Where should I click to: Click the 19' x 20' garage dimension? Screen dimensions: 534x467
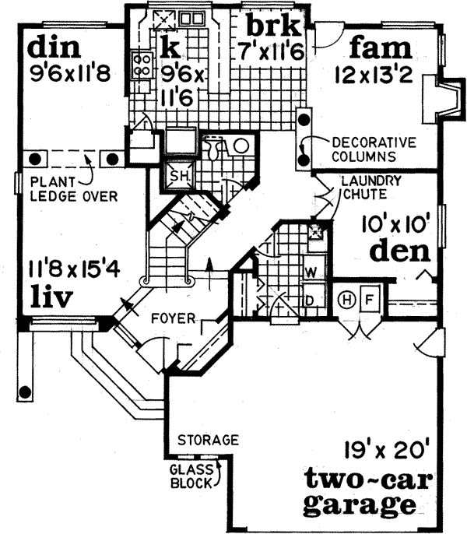(377, 449)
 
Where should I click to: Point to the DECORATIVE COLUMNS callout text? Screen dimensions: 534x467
(375, 149)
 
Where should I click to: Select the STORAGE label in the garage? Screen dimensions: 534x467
(207, 440)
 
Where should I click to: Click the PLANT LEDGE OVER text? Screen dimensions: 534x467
(74, 190)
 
